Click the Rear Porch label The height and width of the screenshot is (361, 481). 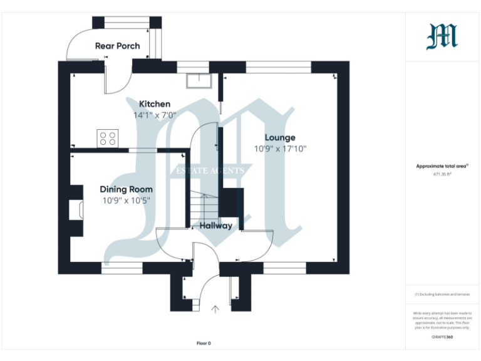pos(117,46)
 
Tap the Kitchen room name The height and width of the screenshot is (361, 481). pos(154,104)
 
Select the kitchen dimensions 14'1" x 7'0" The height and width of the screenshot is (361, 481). pos(154,115)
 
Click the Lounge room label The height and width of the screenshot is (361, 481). pos(279,138)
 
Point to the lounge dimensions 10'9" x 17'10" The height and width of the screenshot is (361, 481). pos(279,149)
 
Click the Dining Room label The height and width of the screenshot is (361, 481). pos(127,189)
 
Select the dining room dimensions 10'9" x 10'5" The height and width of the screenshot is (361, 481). pos(127,201)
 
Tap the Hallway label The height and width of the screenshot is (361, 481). pos(215,226)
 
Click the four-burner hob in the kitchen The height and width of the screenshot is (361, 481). pos(107,137)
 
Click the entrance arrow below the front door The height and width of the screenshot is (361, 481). pos(216,309)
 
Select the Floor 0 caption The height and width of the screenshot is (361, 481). pos(204,343)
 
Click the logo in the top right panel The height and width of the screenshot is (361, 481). pos(442,36)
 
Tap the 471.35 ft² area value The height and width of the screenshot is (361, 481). pos(442,175)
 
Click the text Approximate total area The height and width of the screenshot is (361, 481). pos(442,166)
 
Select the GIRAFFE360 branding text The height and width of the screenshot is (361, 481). pos(442,337)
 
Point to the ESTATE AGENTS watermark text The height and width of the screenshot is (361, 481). pos(212,170)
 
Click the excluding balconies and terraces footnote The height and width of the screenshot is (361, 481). pos(442,294)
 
